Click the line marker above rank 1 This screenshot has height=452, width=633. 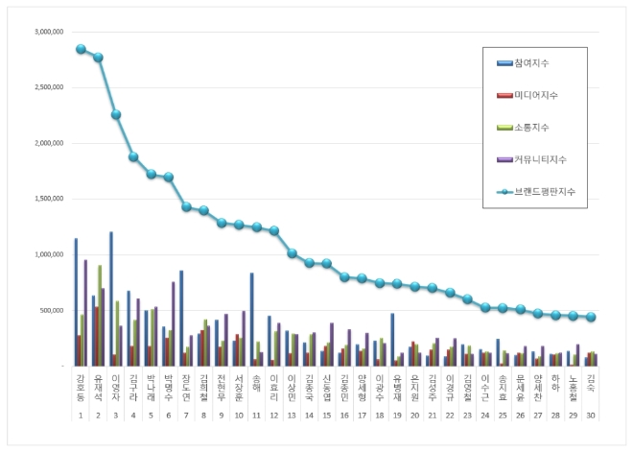pyautogui.click(x=82, y=49)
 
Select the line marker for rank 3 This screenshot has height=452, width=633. pyautogui.click(x=116, y=114)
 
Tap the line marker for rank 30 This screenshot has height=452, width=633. pyautogui.click(x=591, y=317)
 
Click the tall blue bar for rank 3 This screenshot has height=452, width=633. pyautogui.click(x=111, y=298)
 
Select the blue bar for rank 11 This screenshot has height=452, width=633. pyautogui.click(x=251, y=320)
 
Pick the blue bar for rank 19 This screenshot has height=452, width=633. pyautogui.click(x=392, y=340)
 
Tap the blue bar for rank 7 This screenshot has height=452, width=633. pyautogui.click(x=181, y=318)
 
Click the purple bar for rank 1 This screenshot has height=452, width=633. pyautogui.click(x=85, y=313)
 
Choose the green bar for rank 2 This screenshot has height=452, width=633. pyautogui.click(x=99, y=316)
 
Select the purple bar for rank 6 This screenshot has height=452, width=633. pyautogui.click(x=174, y=323)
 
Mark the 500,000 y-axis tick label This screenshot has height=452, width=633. pyautogui.click(x=49, y=310)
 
